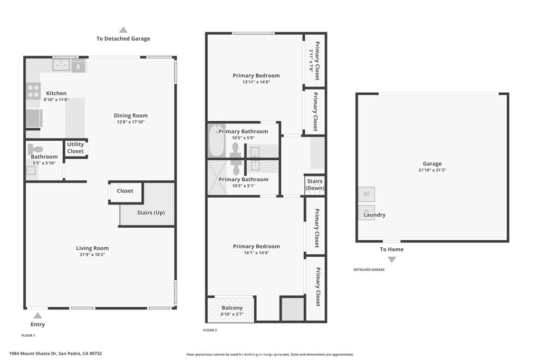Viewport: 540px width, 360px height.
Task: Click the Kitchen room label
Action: click(x=56, y=93)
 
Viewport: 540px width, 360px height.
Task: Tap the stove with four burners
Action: click(x=33, y=91)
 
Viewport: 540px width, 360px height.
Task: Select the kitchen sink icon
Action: click(x=61, y=65)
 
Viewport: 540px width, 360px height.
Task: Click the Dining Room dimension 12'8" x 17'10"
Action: click(x=131, y=122)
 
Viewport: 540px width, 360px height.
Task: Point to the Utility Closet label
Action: click(x=75, y=148)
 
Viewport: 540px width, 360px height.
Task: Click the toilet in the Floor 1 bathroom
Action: click(x=35, y=149)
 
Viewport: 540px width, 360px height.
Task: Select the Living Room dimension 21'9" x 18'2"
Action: click(x=92, y=255)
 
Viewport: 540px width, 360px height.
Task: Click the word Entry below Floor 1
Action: click(x=37, y=324)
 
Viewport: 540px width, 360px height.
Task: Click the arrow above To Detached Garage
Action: click(x=123, y=30)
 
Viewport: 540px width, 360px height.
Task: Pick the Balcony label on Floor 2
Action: click(x=232, y=308)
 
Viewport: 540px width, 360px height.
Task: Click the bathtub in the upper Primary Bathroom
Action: click(x=216, y=141)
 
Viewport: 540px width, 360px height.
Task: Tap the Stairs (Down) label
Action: click(x=315, y=184)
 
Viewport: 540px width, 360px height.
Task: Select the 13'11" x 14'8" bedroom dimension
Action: click(x=256, y=82)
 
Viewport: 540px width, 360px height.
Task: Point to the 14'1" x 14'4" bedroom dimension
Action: click(x=256, y=253)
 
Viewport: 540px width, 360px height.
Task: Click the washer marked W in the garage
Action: click(x=367, y=194)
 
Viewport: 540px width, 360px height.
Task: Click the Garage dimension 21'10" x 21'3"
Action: click(x=432, y=170)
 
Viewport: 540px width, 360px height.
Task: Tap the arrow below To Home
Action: click(x=392, y=259)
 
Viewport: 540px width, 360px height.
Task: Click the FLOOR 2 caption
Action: click(x=210, y=330)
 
